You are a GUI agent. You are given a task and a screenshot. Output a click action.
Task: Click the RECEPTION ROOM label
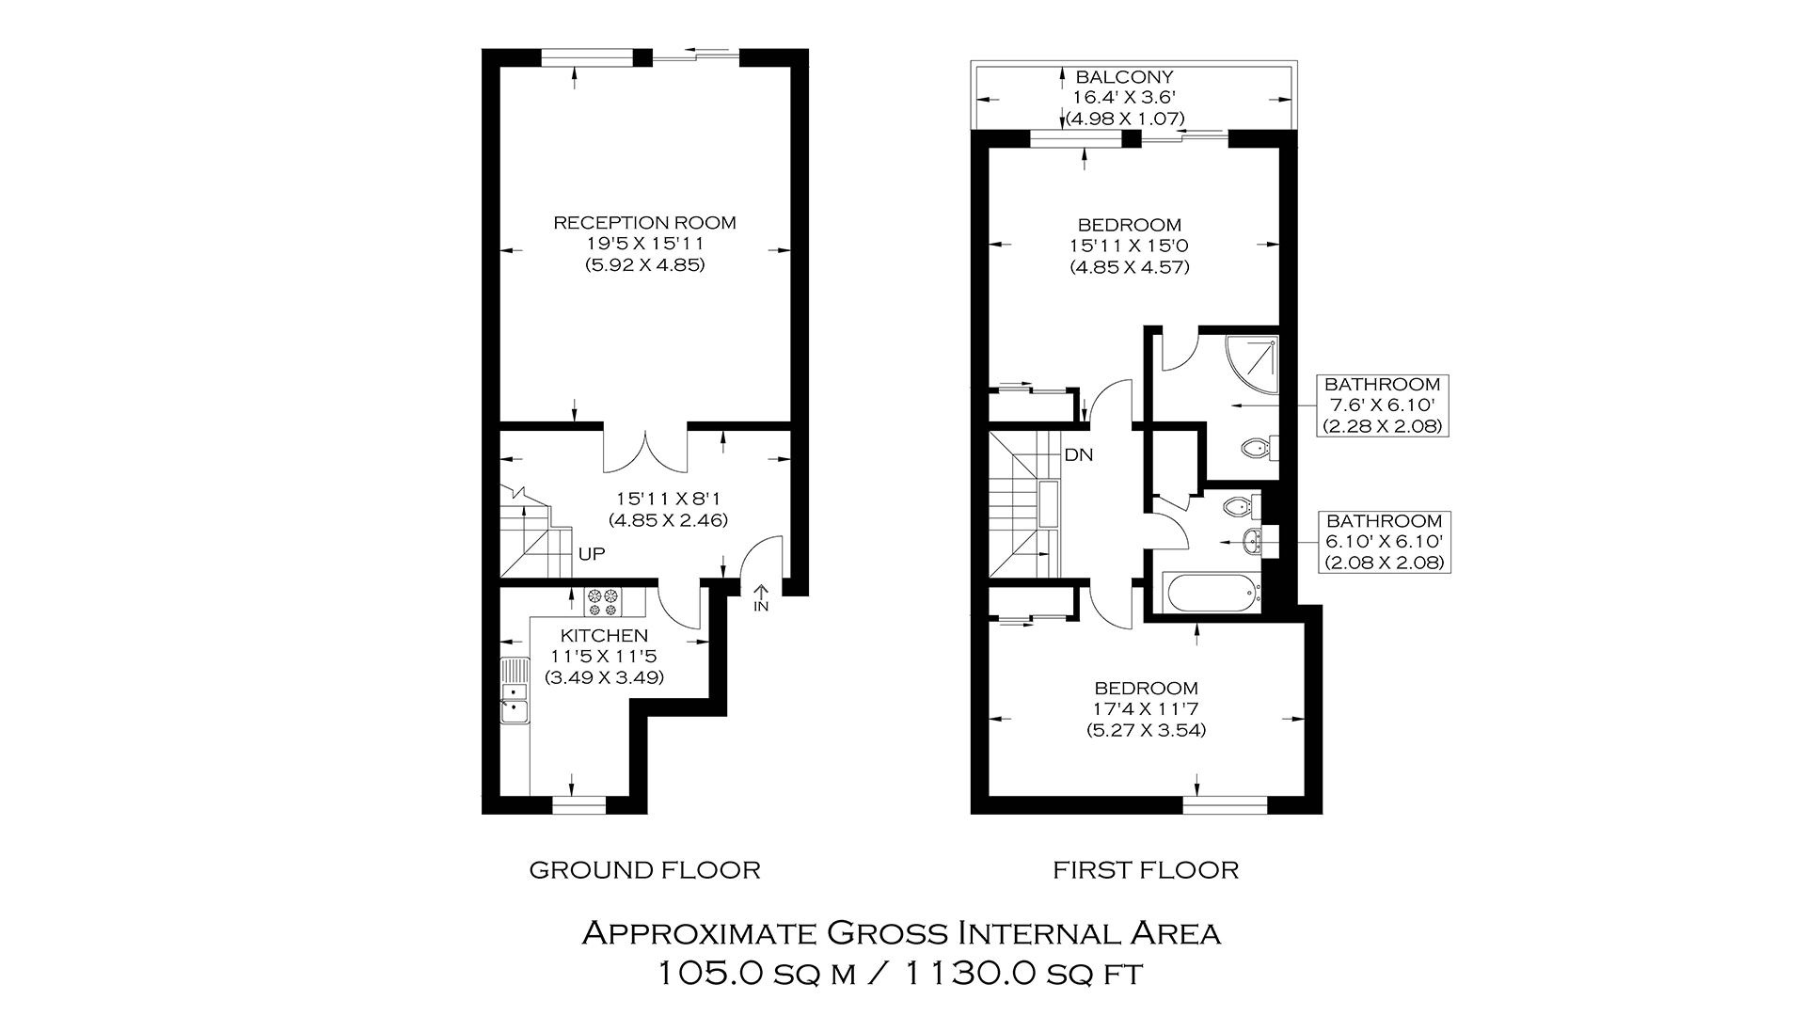644,223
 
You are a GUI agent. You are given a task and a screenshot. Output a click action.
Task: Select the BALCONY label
1125,77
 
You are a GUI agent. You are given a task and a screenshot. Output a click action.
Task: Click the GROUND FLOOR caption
644,870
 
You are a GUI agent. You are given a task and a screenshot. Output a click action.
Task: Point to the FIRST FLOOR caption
1146,870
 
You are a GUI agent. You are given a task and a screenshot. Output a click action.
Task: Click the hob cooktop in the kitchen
603,596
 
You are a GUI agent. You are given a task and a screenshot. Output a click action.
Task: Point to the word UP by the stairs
592,554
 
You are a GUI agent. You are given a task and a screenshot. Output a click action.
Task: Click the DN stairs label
1078,455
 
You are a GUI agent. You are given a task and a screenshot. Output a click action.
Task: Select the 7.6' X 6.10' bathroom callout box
1382,405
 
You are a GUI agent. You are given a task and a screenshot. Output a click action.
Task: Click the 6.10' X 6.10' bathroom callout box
1384,542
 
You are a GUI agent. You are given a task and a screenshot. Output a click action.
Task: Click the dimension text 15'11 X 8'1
668,499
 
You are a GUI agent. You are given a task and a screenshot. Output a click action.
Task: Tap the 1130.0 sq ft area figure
1023,973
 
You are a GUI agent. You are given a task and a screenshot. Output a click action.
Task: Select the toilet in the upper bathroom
1260,449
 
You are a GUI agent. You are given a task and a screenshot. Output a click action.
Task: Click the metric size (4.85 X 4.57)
1130,267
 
